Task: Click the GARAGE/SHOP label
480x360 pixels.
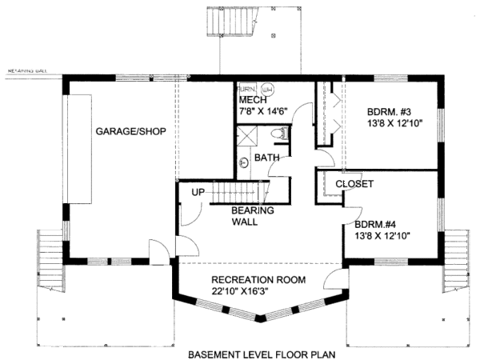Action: [x=130, y=131]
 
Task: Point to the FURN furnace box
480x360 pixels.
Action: [x=246, y=89]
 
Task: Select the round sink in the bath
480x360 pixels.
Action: [x=244, y=163]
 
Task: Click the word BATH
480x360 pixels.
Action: [x=266, y=158]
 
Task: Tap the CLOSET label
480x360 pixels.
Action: [x=354, y=183]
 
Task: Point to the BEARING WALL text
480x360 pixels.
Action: [x=253, y=216]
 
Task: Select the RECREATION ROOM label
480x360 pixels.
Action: [x=258, y=280]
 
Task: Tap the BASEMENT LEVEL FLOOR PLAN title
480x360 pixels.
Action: [x=261, y=353]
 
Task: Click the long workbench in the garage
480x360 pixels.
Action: [x=80, y=150]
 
